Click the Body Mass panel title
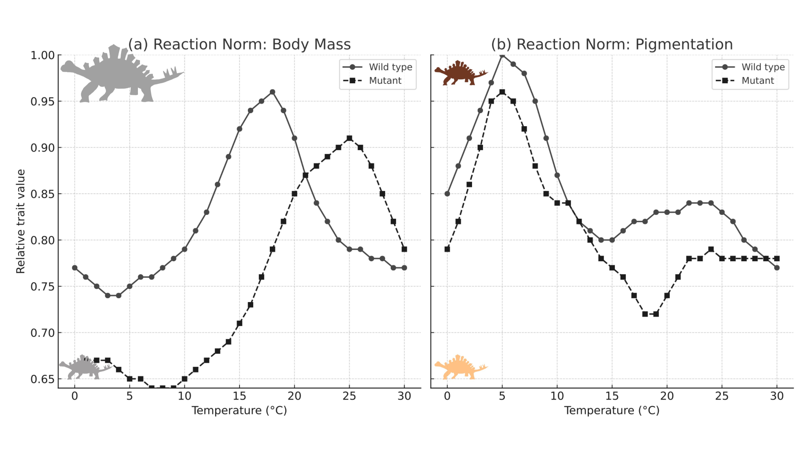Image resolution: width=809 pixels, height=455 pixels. [x=239, y=44]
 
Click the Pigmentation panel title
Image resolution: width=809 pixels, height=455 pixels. [x=612, y=44]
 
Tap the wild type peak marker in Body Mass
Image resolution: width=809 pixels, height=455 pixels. [x=272, y=92]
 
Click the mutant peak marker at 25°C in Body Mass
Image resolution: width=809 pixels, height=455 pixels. [x=349, y=138]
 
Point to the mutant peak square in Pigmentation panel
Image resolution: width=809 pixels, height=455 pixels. [x=502, y=92]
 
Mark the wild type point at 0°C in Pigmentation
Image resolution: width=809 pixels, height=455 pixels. [x=447, y=194]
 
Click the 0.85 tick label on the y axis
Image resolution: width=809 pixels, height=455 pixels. [x=42, y=194]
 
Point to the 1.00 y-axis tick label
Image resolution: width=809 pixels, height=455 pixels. [x=42, y=55]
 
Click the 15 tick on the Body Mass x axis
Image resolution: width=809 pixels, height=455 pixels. [x=239, y=396]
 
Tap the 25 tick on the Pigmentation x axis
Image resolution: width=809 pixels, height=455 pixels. [x=722, y=396]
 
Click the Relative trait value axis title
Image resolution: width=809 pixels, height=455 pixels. [x=21, y=221]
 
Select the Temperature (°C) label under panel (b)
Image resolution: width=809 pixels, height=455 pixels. [x=612, y=411]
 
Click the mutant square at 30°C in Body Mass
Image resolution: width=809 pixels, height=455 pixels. [x=404, y=250]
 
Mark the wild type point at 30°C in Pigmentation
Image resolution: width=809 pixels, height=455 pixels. [x=777, y=268]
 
